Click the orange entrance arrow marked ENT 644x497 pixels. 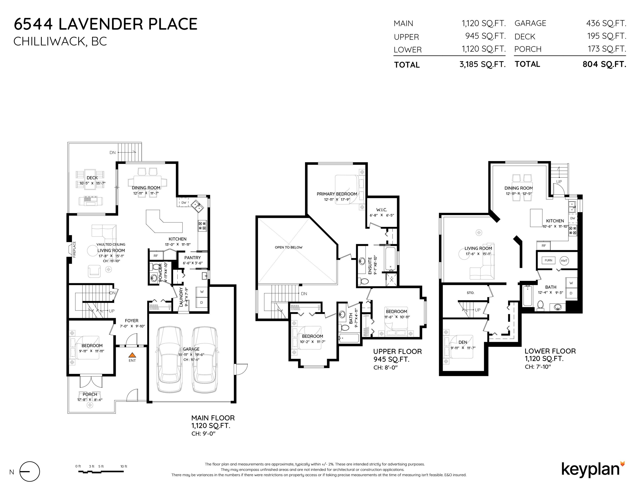pyautogui.click(x=132, y=355)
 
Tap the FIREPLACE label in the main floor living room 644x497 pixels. pyautogui.click(x=74, y=250)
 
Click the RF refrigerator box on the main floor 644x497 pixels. pyautogui.click(x=156, y=256)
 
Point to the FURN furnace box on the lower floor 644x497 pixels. pyautogui.click(x=549, y=260)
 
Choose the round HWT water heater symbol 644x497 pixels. pyautogui.click(x=564, y=261)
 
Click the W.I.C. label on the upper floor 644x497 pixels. pyautogui.click(x=382, y=210)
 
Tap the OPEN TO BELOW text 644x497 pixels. pyautogui.click(x=289, y=247)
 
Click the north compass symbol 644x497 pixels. pyautogui.click(x=30, y=471)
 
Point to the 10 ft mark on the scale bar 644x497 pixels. pyautogui.click(x=124, y=466)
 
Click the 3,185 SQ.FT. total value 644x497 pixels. pyautogui.click(x=482, y=64)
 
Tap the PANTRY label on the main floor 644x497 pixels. pyautogui.click(x=192, y=258)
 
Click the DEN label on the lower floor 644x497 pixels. pyautogui.click(x=463, y=342)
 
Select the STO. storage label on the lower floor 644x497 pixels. pyautogui.click(x=470, y=293)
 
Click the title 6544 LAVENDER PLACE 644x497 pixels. pyautogui.click(x=106, y=24)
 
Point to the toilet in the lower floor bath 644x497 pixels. pyautogui.click(x=540, y=305)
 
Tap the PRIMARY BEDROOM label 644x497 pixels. pyautogui.click(x=337, y=194)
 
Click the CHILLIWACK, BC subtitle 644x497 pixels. pyautogui.click(x=60, y=41)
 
